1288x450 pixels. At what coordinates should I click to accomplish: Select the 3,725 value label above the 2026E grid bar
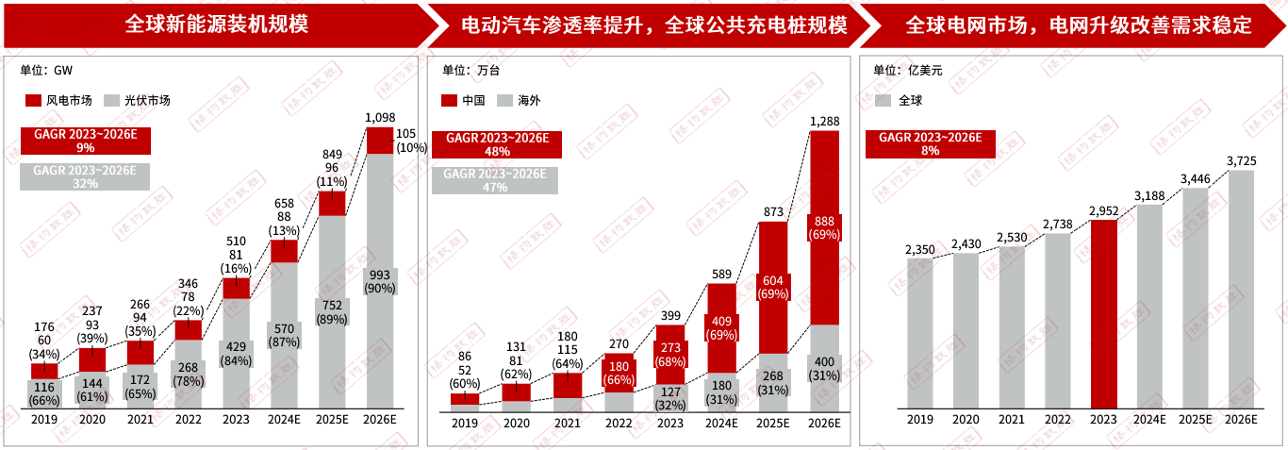click(x=1241, y=161)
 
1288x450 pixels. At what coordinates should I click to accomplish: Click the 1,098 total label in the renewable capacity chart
click(x=380, y=117)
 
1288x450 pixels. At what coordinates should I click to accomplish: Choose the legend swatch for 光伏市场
click(x=110, y=100)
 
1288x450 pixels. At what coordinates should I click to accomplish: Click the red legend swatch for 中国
click(x=448, y=100)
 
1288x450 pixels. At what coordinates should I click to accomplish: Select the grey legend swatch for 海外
click(x=504, y=100)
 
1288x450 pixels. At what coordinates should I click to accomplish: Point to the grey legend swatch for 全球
click(x=883, y=100)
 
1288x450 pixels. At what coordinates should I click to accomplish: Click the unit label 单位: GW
click(x=46, y=70)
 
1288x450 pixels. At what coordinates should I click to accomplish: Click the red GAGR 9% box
click(x=85, y=142)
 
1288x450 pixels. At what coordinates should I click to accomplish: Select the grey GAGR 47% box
click(x=495, y=180)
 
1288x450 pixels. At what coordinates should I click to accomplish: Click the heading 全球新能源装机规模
click(x=217, y=25)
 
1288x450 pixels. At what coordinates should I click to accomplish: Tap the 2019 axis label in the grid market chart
click(x=920, y=420)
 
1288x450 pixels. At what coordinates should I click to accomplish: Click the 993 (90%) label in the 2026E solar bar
click(x=380, y=280)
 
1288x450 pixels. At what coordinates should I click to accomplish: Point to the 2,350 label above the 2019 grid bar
click(x=920, y=250)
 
